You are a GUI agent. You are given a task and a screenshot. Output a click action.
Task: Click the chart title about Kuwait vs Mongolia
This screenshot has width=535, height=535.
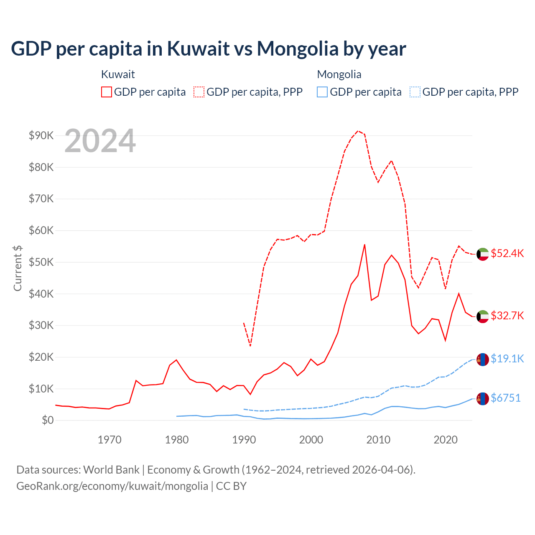pos(208,48)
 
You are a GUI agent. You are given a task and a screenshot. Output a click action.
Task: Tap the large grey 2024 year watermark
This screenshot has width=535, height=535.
pos(100,141)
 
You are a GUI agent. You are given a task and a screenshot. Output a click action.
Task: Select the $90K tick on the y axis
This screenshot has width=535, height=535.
pos(41,135)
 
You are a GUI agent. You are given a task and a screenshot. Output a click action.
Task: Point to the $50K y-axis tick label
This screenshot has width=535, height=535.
pos(41,262)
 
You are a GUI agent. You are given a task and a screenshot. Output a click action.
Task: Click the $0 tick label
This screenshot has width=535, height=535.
pos(48,420)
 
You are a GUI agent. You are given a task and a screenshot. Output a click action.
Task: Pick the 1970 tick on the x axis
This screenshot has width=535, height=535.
pos(110,440)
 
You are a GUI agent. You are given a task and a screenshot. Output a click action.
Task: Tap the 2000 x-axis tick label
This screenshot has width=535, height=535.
pos(311,440)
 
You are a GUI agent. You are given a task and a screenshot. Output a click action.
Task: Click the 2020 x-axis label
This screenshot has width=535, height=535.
pos(446,440)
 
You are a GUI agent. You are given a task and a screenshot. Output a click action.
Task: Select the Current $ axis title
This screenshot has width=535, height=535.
pos(18,268)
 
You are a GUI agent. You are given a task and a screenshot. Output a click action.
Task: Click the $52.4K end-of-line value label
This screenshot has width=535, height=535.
pos(507,253)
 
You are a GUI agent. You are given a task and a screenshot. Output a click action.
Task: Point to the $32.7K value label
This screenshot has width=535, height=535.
pos(507,316)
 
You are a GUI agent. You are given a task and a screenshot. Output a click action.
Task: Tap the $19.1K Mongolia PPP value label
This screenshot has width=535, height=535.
pos(507,359)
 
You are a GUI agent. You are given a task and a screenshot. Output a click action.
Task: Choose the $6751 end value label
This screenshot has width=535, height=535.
pos(505,398)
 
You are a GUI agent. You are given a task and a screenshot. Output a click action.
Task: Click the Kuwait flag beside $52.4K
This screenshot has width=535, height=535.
pos(483,254)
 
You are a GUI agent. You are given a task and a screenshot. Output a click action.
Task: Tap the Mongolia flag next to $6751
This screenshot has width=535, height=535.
pos(483,399)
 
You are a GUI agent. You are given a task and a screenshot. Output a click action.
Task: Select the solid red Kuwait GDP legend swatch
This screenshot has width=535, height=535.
pos(107,92)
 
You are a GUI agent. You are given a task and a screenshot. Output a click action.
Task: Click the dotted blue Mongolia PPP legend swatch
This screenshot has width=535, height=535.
pos(415,92)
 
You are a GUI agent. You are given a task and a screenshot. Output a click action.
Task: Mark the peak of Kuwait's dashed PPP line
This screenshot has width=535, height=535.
pos(358,131)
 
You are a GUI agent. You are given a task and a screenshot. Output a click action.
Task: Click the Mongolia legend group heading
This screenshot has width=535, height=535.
pos(339,74)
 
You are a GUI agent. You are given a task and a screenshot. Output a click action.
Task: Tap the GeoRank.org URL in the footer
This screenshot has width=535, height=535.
pos(112,486)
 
